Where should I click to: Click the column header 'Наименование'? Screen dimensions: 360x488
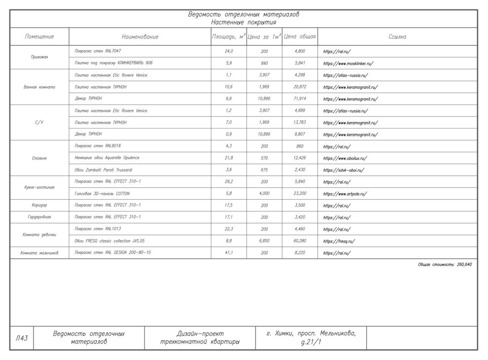tap(140, 37)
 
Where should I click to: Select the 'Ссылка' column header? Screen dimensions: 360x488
tap(397, 37)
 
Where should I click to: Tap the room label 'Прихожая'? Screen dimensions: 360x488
tap(39, 57)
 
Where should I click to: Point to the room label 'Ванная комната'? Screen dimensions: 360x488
tap(39, 87)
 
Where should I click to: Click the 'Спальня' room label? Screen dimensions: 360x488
tap(39, 158)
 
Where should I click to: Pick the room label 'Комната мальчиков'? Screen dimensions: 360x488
tap(39, 253)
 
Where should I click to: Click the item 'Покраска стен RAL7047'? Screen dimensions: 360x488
tap(97, 51)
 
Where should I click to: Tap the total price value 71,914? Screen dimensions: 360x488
tap(300, 99)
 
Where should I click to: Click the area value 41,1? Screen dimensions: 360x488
tap(228, 253)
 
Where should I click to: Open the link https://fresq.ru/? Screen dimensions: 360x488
tap(339, 242)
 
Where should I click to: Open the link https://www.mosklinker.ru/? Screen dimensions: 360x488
tap(348, 64)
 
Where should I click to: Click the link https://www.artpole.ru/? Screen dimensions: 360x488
tap(345, 194)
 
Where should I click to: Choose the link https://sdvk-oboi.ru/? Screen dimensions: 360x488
tap(343, 170)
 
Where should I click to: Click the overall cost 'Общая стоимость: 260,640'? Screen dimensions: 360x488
tap(445, 265)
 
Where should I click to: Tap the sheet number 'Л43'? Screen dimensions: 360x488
tap(22, 338)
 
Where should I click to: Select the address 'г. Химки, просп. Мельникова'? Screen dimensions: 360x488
tap(311, 334)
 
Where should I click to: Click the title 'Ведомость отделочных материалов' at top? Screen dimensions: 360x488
tap(244, 14)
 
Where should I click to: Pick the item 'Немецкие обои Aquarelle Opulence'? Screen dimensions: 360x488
tap(106, 158)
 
